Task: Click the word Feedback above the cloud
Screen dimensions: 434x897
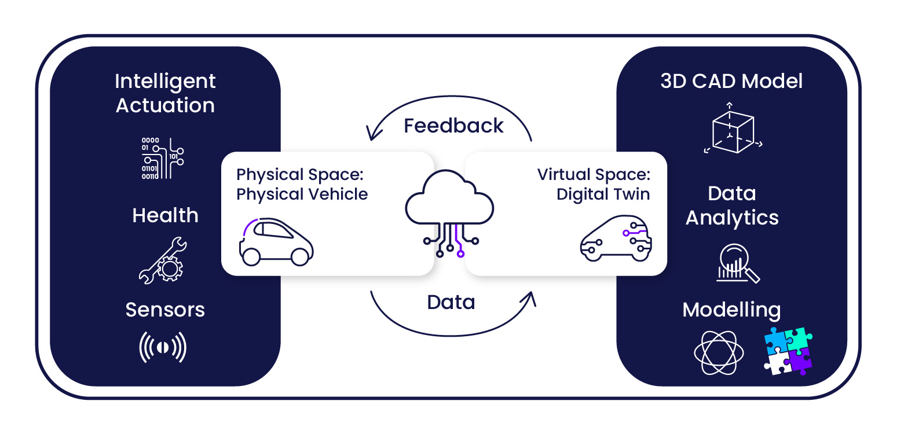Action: point(453,126)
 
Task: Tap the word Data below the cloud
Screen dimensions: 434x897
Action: point(451,302)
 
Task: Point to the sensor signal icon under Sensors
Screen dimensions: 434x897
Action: point(163,347)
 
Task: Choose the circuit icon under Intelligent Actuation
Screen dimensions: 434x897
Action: point(163,158)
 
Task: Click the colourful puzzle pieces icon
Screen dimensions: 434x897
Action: point(788,351)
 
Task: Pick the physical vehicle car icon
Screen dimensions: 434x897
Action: point(276,242)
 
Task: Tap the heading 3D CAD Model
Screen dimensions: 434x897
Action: point(732,81)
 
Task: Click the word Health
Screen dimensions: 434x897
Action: point(165,215)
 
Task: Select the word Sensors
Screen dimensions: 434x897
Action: point(165,310)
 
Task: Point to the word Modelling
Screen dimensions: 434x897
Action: point(731,310)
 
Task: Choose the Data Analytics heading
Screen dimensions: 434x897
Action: point(732,205)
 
